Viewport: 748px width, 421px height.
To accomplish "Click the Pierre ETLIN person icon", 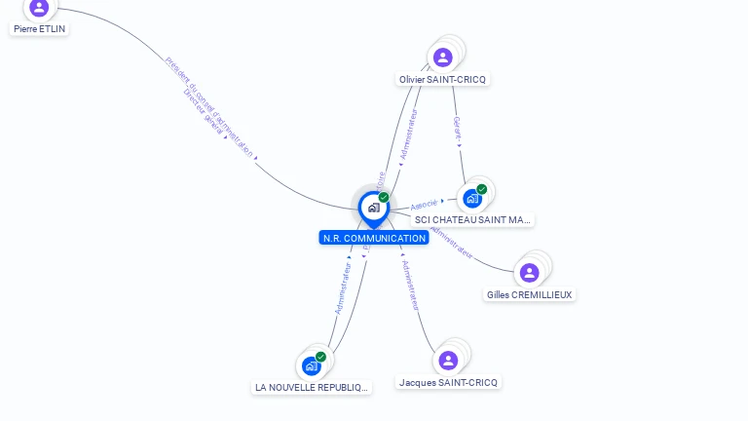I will click(39, 8).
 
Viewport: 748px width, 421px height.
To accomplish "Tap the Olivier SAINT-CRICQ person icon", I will click(443, 57).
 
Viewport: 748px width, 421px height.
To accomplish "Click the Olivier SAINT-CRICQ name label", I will click(443, 79).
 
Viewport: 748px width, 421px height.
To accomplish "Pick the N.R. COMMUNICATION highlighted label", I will click(374, 238).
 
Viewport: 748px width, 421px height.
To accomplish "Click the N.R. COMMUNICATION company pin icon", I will click(373, 208).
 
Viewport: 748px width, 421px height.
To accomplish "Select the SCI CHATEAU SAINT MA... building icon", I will click(472, 198).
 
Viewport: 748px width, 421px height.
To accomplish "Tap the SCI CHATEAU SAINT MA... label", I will click(472, 220).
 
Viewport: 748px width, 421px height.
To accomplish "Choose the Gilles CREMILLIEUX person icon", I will click(529, 273).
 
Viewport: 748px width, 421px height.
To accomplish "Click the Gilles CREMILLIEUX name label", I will click(531, 295).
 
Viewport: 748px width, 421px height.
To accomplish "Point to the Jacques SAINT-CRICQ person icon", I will click(448, 361).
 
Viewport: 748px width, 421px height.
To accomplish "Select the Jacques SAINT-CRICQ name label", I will click(449, 383).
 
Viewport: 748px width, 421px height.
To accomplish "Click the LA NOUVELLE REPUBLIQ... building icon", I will click(312, 365).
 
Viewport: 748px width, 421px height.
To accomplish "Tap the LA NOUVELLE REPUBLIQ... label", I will click(313, 388).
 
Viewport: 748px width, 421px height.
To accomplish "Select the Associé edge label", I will click(425, 205).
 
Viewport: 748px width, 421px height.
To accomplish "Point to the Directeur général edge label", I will click(203, 111).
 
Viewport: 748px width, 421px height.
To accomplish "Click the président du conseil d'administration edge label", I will click(209, 105).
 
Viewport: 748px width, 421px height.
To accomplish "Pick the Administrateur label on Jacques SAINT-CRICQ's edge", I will click(410, 285).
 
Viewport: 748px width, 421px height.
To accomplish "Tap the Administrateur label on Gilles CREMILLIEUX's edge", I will click(451, 243).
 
